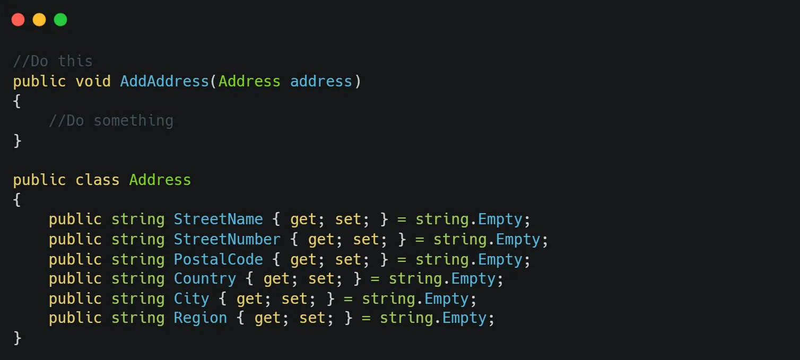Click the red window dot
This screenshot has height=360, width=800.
[x=18, y=20]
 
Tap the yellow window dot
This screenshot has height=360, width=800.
[x=39, y=20]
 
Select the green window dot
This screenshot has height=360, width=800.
[x=60, y=20]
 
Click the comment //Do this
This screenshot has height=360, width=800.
[x=53, y=61]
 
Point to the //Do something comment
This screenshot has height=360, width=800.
[x=111, y=120]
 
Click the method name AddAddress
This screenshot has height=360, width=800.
[x=164, y=81]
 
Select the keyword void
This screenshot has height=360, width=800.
[x=93, y=81]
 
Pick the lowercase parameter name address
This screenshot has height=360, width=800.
[x=321, y=81]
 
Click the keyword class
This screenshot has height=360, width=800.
[x=97, y=180]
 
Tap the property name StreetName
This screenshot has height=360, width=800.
[x=218, y=219]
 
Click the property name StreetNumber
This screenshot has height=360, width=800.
[x=227, y=239]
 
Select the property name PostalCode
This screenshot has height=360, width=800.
[x=218, y=259]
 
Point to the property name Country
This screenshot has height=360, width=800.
[x=205, y=279]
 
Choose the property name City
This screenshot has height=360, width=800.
[x=192, y=299]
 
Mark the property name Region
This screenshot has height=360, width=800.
[x=201, y=318]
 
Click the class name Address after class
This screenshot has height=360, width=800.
[x=160, y=180]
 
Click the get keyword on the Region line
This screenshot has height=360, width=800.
[x=267, y=319]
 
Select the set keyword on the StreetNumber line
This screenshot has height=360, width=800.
[x=366, y=240]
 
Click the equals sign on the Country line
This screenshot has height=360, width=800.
[x=375, y=279]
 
